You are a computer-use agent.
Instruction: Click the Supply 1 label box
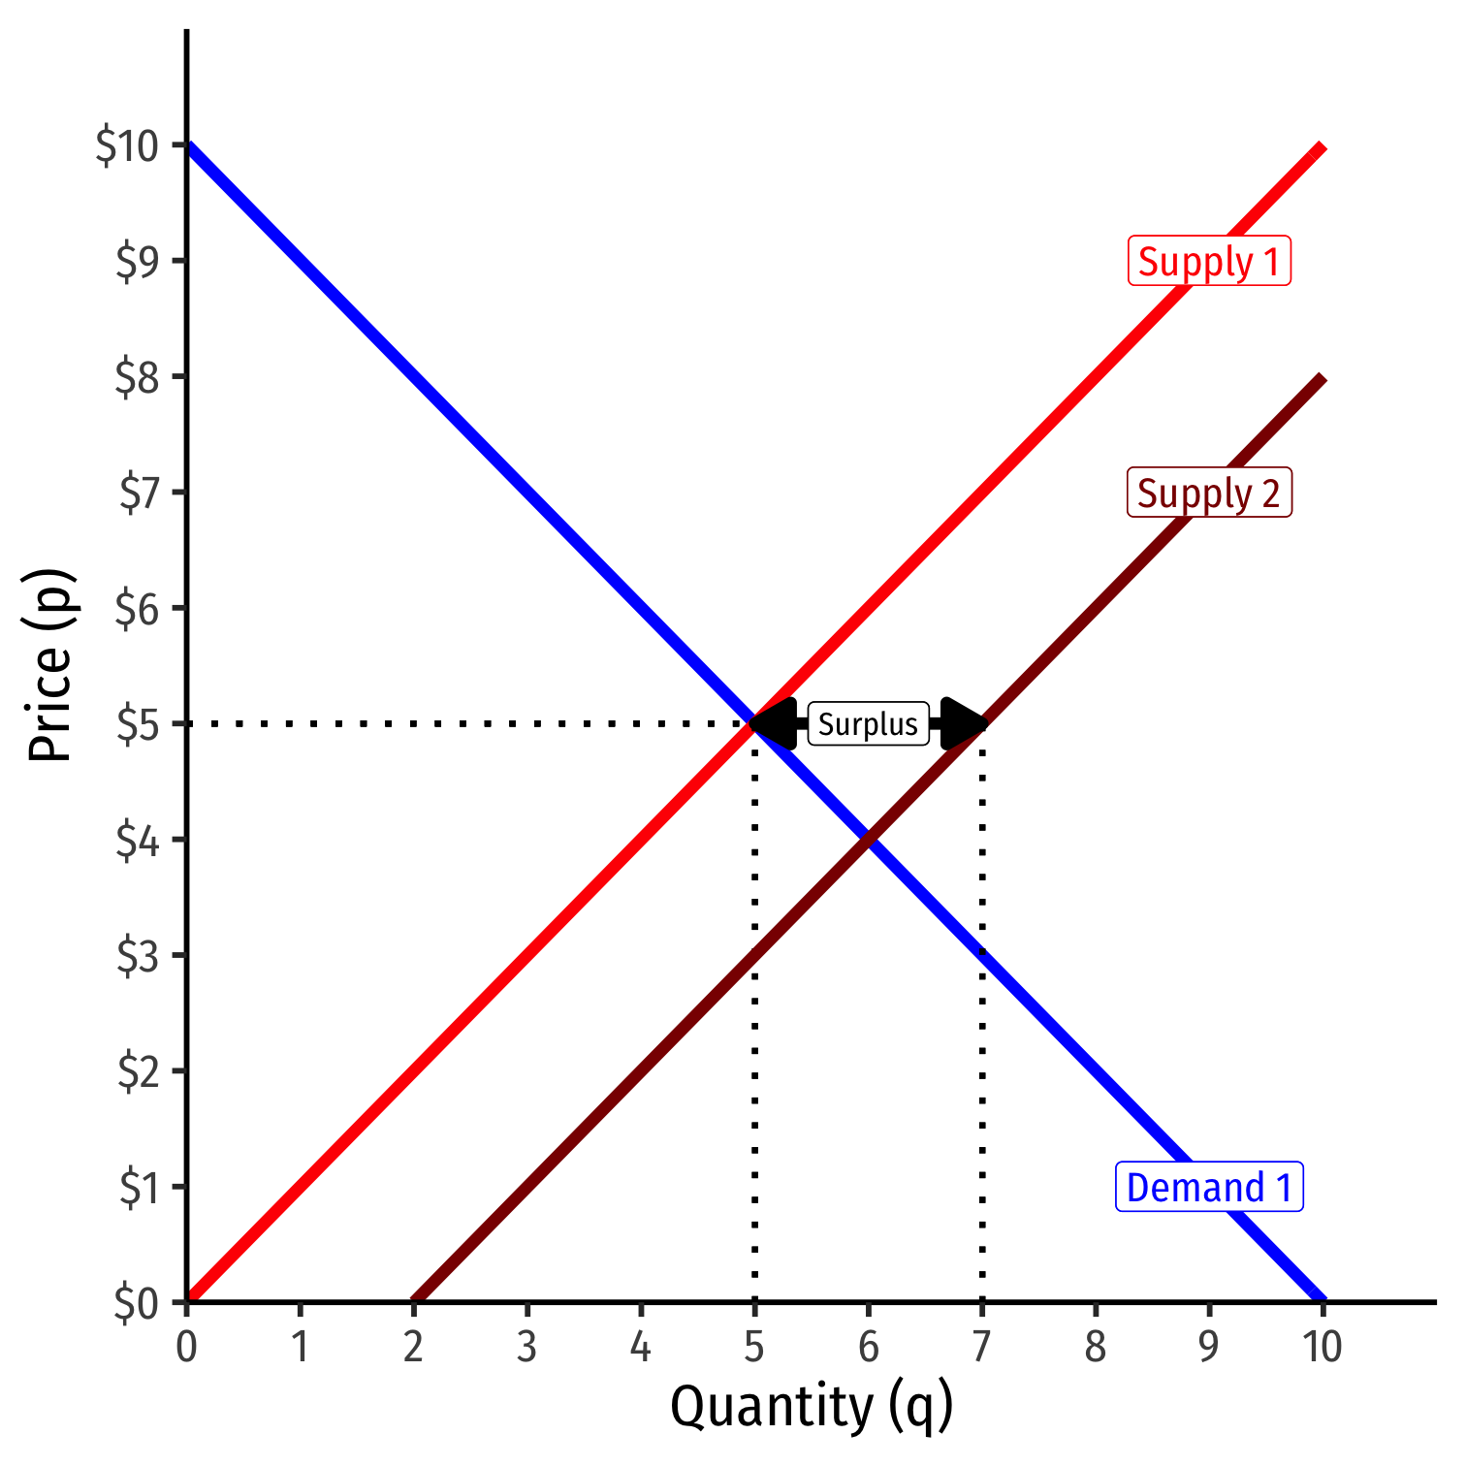coord(1209,262)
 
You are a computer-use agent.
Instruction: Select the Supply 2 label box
coord(1209,494)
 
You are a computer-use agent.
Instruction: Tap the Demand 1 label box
coord(1209,1187)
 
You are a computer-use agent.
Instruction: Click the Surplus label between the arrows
coord(868,724)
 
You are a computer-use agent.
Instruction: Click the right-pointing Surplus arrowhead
coord(963,723)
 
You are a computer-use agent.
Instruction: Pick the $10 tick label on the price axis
coord(126,146)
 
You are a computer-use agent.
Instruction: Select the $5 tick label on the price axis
coord(138,725)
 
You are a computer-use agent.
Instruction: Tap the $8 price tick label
coord(138,378)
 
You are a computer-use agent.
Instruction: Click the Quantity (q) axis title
coord(812,1407)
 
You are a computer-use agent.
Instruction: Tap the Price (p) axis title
coord(50,665)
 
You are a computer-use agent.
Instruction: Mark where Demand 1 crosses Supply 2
coord(869,839)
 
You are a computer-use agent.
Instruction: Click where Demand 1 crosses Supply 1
coord(754,723)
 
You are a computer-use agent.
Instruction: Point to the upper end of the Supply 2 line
coord(1322,378)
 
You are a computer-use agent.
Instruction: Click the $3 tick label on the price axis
coord(138,957)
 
